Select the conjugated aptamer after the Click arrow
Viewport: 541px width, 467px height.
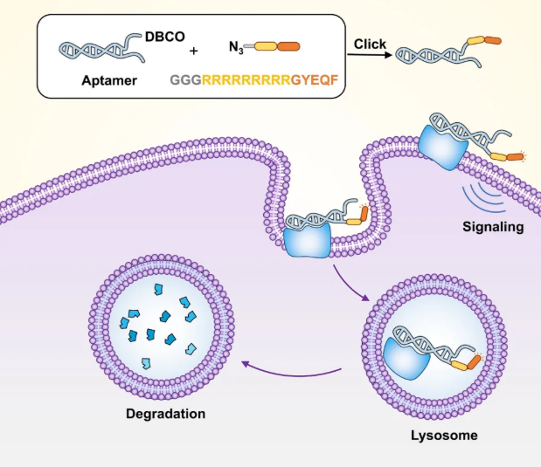(x=446, y=52)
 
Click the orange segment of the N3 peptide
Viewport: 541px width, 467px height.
(x=288, y=47)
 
